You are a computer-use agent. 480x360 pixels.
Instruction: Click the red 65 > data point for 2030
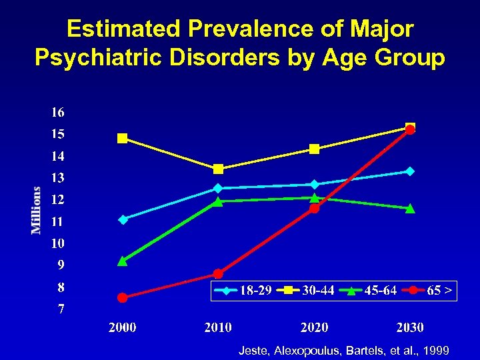[x=410, y=129]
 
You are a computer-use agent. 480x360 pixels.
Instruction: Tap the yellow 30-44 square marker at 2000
[x=123, y=139]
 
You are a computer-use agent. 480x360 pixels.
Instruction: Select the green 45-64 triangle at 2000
[x=123, y=261]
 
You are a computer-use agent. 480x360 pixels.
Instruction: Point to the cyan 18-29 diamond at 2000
[x=123, y=219]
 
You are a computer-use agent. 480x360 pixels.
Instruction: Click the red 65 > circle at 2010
[x=218, y=273]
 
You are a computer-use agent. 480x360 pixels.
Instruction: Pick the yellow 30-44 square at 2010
[x=218, y=169]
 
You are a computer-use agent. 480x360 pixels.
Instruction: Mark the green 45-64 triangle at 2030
[x=410, y=208]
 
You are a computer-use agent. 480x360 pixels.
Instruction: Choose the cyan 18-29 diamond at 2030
[x=410, y=171]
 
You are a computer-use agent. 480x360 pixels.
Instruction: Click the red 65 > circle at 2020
[x=314, y=208]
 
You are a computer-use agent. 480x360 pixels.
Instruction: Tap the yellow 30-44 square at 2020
[x=314, y=149]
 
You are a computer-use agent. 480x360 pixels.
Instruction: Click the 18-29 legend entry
[x=243, y=291]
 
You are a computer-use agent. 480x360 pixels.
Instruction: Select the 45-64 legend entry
[x=367, y=291]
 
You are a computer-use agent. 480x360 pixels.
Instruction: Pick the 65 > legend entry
[x=430, y=291]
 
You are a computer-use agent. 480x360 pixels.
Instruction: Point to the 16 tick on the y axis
[x=57, y=112]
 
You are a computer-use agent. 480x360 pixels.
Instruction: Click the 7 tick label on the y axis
[x=61, y=309]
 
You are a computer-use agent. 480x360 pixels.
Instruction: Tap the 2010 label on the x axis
[x=218, y=327]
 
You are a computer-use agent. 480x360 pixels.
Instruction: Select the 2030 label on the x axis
[x=410, y=327]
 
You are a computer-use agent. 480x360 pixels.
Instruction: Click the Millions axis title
[x=36, y=210]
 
